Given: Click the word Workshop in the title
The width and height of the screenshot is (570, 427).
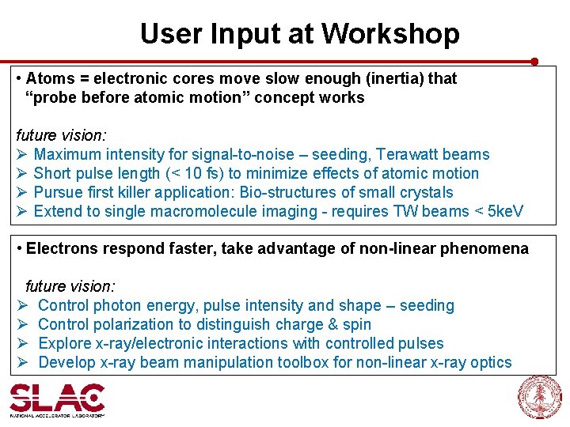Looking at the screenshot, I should click(390, 34).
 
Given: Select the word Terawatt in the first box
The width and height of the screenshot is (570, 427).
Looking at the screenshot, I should click(404, 154).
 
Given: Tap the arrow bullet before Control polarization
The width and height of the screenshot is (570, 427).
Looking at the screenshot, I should click(24, 324).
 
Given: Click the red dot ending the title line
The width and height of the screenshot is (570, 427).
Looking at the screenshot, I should click(534, 61).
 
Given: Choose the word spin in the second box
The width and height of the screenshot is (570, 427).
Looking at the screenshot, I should click(356, 324).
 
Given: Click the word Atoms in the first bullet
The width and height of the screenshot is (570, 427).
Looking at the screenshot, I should click(47, 78).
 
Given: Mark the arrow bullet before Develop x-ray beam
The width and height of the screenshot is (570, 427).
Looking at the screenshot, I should click(24, 362).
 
